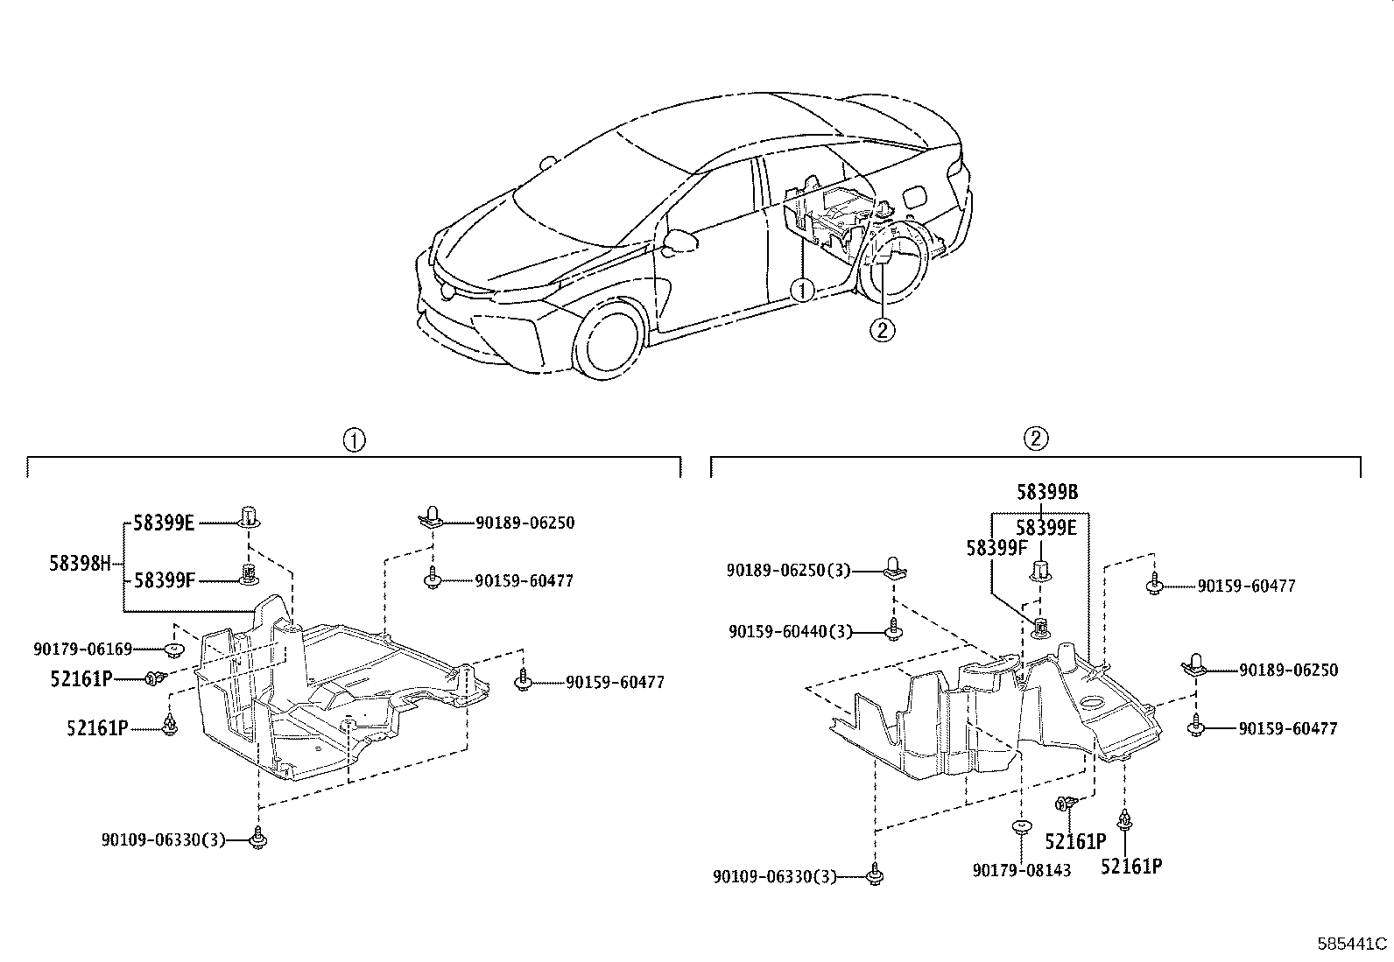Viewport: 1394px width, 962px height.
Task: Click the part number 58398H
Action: tap(80, 564)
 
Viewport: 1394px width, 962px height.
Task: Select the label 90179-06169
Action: tap(83, 650)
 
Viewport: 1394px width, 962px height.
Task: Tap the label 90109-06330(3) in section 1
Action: tap(163, 840)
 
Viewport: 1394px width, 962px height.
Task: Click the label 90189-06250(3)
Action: tap(788, 570)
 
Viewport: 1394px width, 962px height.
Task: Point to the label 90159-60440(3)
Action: tap(790, 630)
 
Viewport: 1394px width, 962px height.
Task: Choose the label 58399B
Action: tap(1046, 493)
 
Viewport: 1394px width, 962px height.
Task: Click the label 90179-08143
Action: tap(1022, 871)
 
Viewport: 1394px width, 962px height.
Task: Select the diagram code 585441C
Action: tap(1353, 944)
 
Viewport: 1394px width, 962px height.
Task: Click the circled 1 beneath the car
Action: tap(802, 289)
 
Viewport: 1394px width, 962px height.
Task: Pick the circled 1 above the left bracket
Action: tap(354, 439)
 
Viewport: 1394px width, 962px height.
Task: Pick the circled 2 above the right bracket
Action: tap(1035, 439)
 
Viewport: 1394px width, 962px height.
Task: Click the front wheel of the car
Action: tap(611, 340)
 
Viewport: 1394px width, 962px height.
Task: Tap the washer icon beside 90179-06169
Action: tap(174, 650)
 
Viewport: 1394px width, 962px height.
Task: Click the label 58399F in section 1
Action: tap(165, 579)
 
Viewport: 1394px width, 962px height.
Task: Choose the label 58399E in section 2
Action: tap(1046, 528)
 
